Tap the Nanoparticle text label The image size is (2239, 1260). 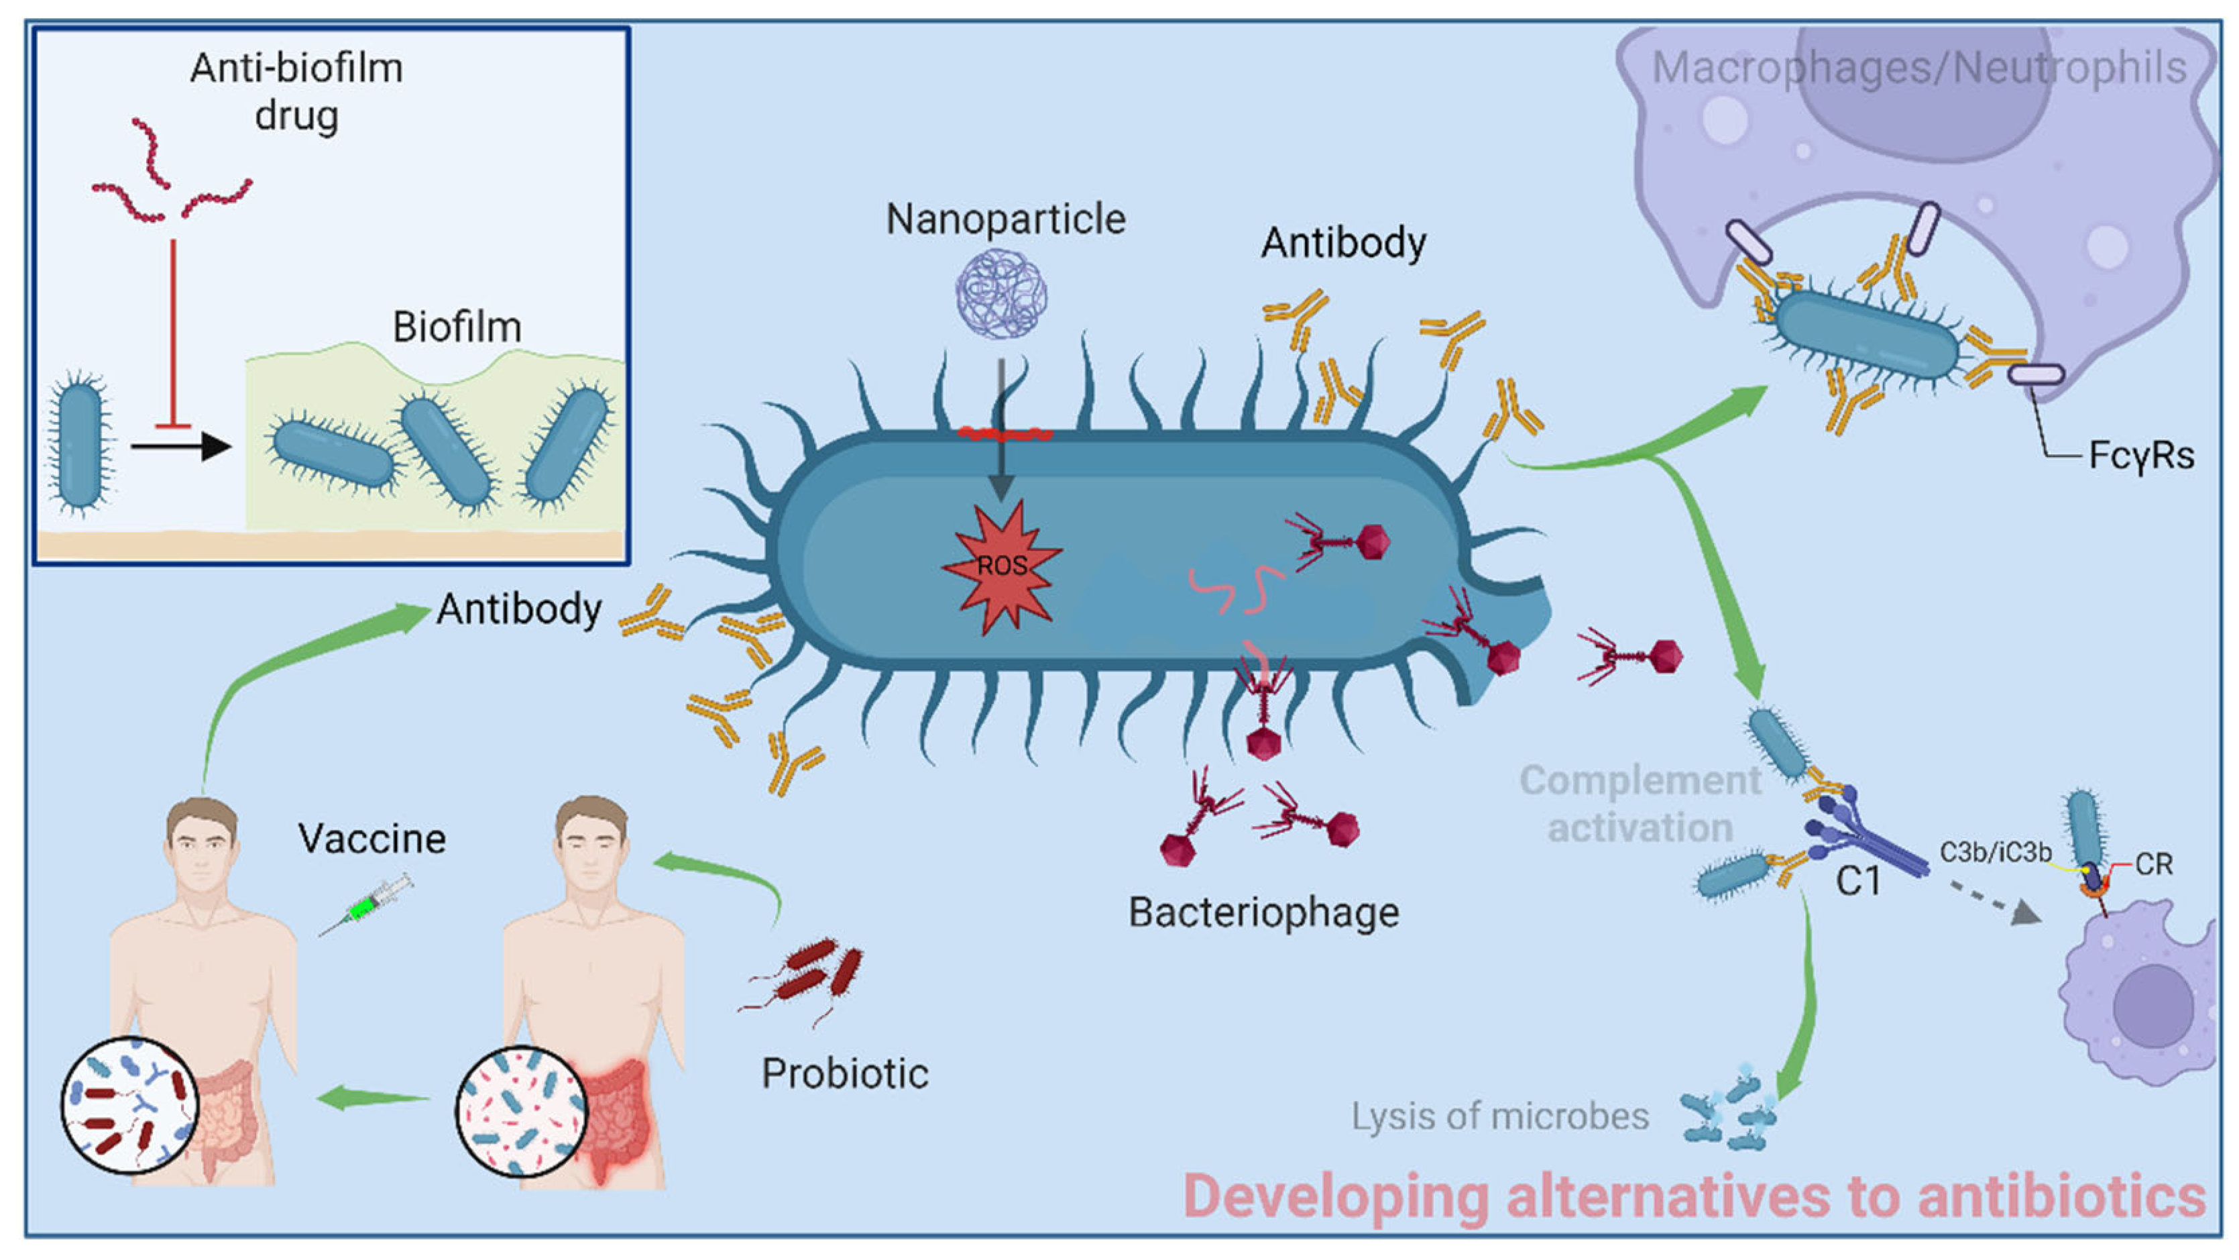click(x=1006, y=219)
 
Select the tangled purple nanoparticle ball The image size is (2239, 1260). click(x=1001, y=293)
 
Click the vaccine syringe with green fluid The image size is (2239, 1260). click(x=365, y=905)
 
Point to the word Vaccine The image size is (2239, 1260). click(x=372, y=839)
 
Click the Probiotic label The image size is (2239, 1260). click(x=845, y=1074)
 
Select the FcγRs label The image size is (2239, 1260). click(x=2141, y=456)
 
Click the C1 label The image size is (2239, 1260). click(x=1858, y=882)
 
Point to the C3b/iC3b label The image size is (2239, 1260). click(x=1996, y=852)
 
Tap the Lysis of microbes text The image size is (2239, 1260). click(x=1499, y=1116)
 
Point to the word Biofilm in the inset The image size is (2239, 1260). click(x=457, y=328)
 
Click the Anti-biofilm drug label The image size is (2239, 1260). click(x=296, y=91)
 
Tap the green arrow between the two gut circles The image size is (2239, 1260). click(x=374, y=1098)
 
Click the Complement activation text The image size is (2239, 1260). click(x=1640, y=804)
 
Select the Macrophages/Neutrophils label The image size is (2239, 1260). click(x=1918, y=68)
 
